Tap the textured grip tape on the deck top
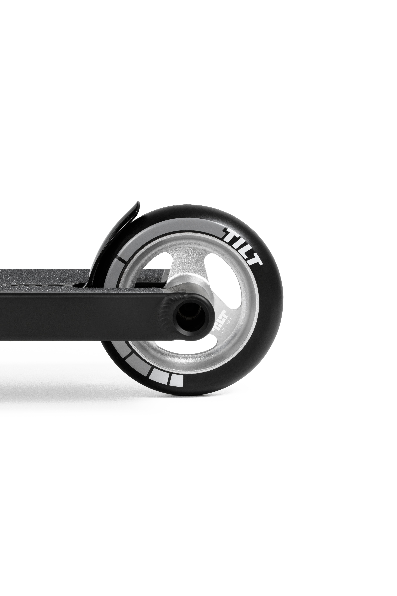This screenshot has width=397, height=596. coord(38,281)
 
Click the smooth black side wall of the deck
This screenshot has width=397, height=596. coord(76,317)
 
